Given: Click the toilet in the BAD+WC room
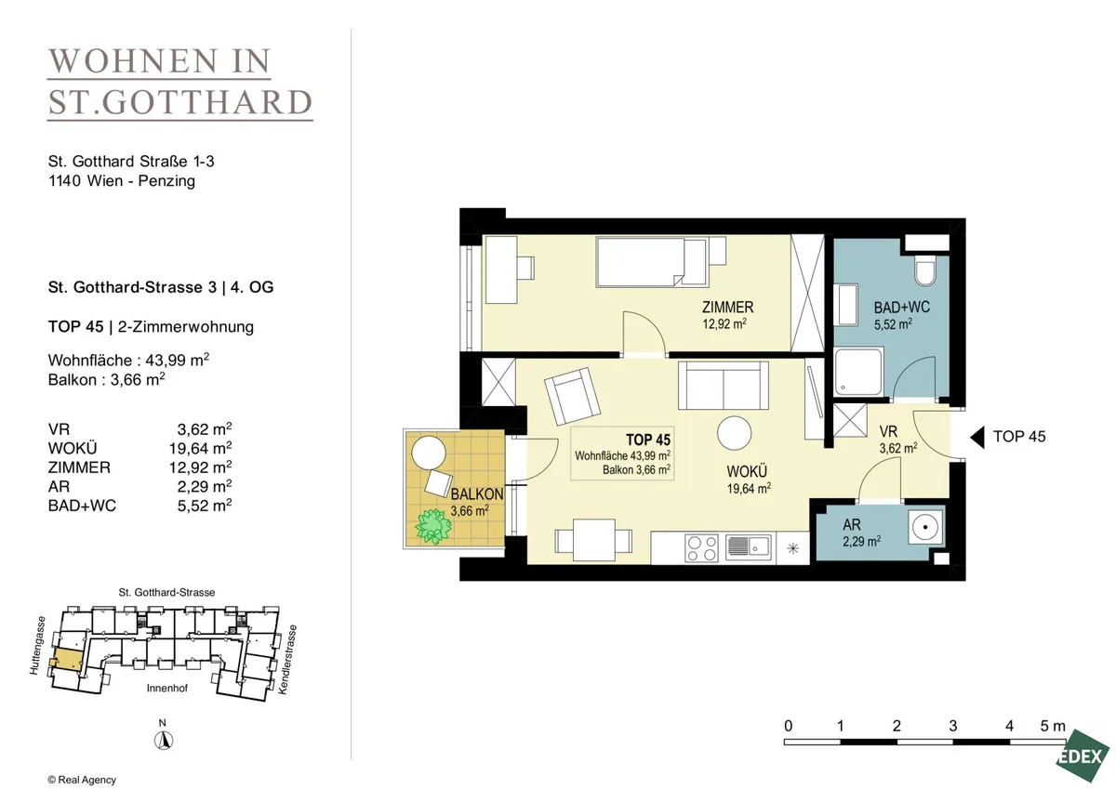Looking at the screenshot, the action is click(x=925, y=271).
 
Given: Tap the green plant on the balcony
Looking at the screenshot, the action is click(x=434, y=526).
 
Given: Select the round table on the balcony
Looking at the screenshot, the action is click(x=429, y=453).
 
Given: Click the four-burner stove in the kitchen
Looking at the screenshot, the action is click(x=701, y=548).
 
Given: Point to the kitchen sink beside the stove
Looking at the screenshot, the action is click(x=749, y=547).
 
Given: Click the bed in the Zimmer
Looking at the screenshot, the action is click(x=653, y=262).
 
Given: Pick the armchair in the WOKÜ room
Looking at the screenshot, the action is click(x=573, y=396).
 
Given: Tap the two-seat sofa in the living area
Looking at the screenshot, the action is click(x=724, y=386).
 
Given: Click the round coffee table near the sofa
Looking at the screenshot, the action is click(x=735, y=432).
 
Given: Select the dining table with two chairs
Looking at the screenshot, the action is click(x=593, y=540).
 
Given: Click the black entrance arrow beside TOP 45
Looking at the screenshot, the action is click(x=977, y=437).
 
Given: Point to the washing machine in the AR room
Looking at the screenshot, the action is click(x=925, y=527).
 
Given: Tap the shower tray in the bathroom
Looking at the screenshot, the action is click(x=859, y=373).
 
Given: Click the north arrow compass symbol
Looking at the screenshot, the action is click(x=163, y=741).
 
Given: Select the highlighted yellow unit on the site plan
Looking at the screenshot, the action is click(x=68, y=660).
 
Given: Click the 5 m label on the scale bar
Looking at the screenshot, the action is click(x=1053, y=727).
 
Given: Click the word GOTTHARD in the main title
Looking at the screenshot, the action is click(x=207, y=102).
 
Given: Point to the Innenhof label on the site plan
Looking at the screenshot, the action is click(x=166, y=688).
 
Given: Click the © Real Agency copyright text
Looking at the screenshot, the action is click(x=82, y=780).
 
